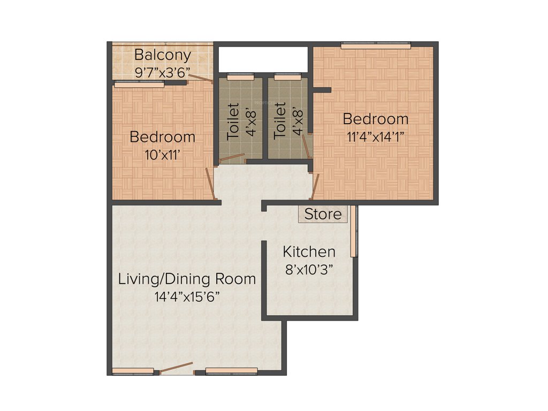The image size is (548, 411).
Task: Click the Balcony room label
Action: click(x=162, y=55)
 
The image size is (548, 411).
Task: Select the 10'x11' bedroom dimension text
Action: click(x=162, y=155)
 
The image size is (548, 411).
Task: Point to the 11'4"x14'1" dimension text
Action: click(x=375, y=136)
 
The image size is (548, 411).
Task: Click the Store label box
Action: click(x=323, y=215)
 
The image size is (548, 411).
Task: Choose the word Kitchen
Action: click(x=309, y=252)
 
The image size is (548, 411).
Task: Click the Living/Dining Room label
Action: click(x=187, y=279)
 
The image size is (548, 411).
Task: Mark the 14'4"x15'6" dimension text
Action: click(x=187, y=296)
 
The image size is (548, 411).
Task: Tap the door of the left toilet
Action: click(x=232, y=157)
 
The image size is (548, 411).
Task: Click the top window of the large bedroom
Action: click(x=376, y=46)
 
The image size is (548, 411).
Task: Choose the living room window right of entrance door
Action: click(x=231, y=370)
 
